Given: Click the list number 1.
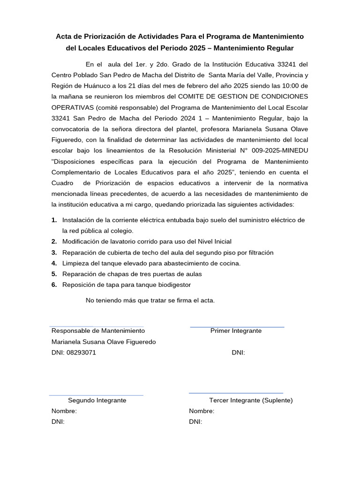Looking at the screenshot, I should tap(54, 220).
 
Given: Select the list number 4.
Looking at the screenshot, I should tap(54, 263).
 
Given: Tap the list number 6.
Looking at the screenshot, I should tap(54, 285).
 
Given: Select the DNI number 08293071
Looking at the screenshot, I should tap(81, 352).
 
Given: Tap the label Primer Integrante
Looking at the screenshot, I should tap(236, 330).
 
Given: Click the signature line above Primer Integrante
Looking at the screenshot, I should tap(237, 327).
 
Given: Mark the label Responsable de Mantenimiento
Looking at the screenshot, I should tap(98, 330).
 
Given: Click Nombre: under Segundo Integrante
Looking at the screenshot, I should tap(64, 411).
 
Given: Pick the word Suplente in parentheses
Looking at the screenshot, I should tap(277, 400).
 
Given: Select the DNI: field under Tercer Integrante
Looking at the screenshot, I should tap(195, 422).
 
